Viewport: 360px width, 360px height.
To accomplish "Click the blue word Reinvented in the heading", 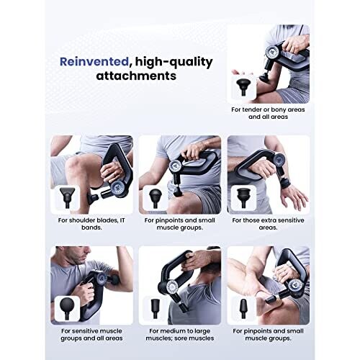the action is click(94, 62).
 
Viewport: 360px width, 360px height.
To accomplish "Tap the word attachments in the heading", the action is click(136, 76).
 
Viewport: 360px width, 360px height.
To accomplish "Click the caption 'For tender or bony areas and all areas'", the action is click(268, 113).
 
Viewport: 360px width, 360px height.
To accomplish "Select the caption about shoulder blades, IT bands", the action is click(91, 224).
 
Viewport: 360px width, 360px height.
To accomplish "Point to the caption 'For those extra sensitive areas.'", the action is click(268, 224).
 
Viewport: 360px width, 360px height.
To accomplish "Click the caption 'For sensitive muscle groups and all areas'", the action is click(91, 334).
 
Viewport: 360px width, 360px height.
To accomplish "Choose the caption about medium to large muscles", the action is click(180, 334).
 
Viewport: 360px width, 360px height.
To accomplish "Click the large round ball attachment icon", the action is click(67, 308).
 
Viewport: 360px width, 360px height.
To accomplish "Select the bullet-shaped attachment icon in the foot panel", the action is click(243, 309).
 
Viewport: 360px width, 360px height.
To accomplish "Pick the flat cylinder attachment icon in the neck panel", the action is click(155, 309).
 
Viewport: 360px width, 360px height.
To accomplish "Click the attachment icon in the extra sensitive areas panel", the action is click(243, 198).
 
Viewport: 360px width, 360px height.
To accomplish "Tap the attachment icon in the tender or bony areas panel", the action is click(243, 87).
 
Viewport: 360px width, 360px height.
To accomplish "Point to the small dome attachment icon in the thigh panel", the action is click(155, 198).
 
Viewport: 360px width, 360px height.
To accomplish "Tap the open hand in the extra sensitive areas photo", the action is click(293, 195).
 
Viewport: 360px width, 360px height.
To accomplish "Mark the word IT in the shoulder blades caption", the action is click(122, 220).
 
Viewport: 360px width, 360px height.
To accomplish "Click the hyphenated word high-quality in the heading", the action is click(174, 62).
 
